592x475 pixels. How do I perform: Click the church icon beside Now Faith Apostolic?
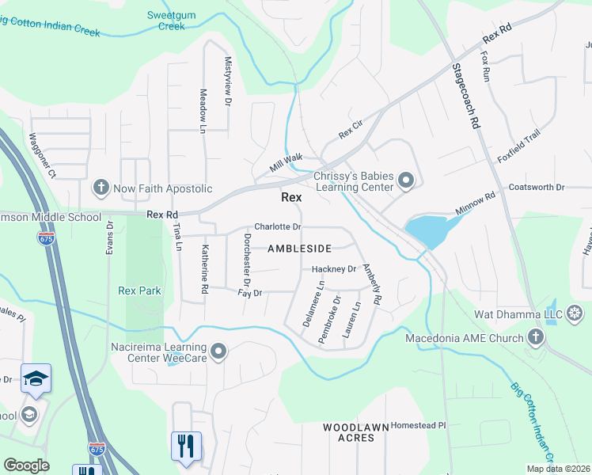point(101,188)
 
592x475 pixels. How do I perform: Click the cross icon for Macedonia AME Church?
point(536,338)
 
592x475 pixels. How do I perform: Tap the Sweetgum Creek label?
point(166,21)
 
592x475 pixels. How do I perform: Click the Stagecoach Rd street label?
point(466,97)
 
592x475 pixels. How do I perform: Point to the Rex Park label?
point(139,291)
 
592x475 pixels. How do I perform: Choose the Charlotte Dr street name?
point(278,227)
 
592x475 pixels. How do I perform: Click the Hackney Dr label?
point(333,269)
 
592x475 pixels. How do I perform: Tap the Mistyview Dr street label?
point(228,82)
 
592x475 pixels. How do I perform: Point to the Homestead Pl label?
point(419,425)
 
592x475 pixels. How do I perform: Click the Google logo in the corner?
point(26,465)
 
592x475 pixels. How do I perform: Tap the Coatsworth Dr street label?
point(536,188)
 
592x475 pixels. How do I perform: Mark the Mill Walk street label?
point(286,158)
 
